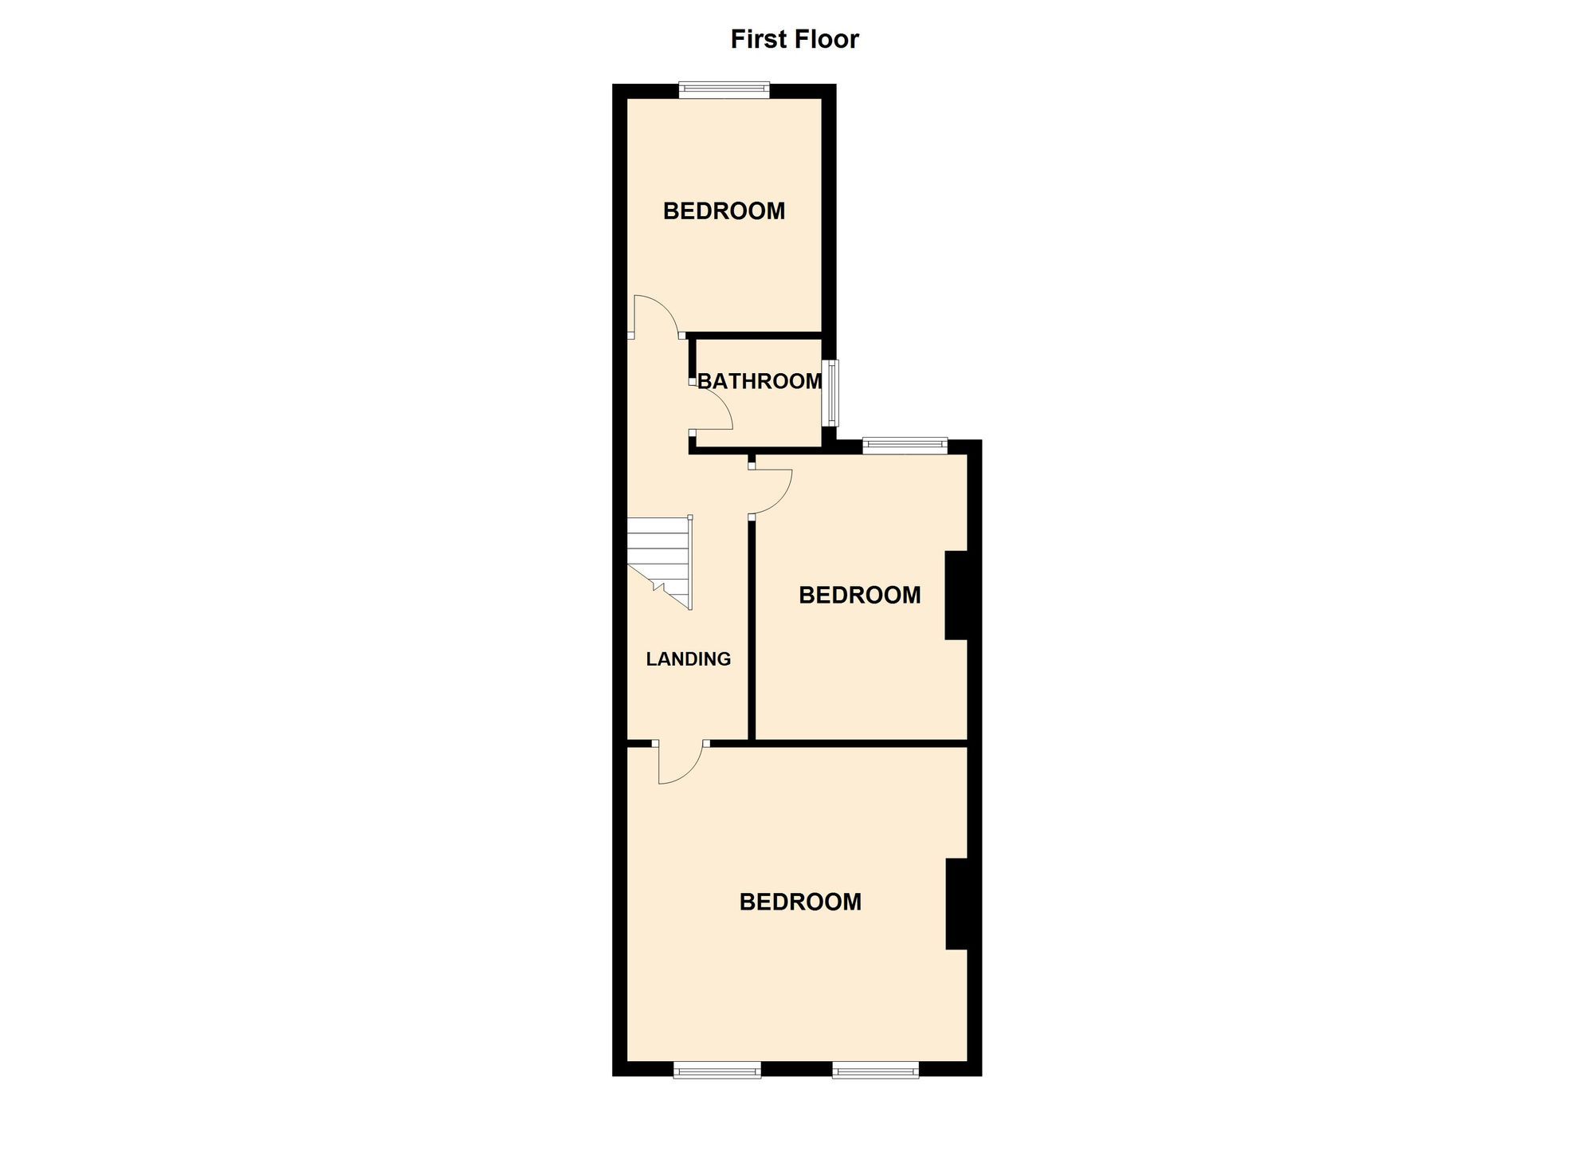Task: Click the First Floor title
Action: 795,39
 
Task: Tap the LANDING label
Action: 688,659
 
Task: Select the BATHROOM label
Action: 760,381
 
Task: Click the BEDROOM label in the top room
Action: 724,211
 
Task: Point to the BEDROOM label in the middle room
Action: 859,596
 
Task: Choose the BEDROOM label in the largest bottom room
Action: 800,902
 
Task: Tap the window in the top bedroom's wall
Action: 724,90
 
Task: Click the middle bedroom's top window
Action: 904,446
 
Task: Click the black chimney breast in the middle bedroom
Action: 956,595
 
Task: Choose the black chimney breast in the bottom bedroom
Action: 956,903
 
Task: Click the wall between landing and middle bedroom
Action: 751,630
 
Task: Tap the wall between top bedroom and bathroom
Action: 756,335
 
